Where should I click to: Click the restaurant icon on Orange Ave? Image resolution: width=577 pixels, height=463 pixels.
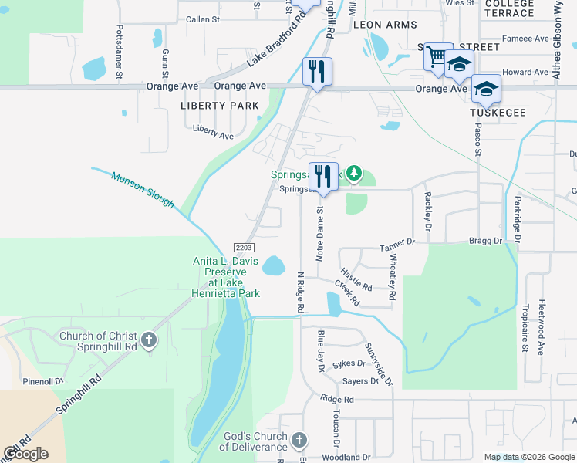317,72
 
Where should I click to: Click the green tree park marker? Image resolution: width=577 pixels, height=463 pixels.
353,174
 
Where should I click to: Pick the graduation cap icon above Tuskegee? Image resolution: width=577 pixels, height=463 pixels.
486,90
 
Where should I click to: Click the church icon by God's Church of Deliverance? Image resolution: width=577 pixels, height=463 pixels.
299,440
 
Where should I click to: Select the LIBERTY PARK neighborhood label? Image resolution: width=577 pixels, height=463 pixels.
214,105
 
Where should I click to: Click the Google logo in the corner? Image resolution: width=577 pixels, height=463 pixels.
26,454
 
